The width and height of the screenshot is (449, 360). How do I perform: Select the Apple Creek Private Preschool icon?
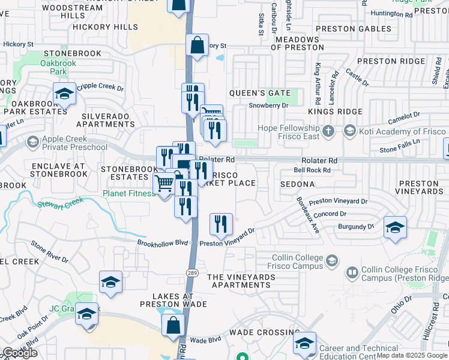(32, 143)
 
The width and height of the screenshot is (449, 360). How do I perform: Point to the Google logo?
(20, 353)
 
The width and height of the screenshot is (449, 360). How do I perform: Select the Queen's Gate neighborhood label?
(255, 93)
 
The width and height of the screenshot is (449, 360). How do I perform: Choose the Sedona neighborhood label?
(297, 185)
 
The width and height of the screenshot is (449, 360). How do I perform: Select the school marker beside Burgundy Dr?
(395, 228)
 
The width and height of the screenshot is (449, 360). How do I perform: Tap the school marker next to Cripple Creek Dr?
(65, 94)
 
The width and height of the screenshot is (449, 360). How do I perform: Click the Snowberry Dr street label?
(268, 104)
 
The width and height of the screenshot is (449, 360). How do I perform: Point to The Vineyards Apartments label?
(241, 281)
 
